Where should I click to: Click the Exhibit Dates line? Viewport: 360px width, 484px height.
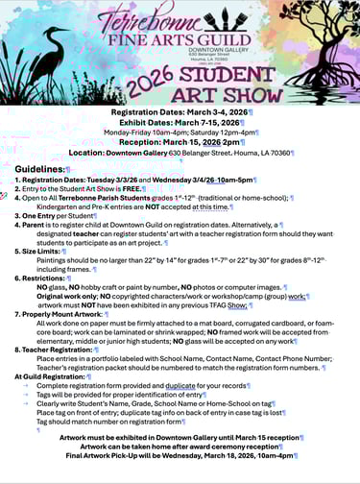pos(180,123)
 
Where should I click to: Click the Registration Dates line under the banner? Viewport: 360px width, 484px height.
pos(180,112)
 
